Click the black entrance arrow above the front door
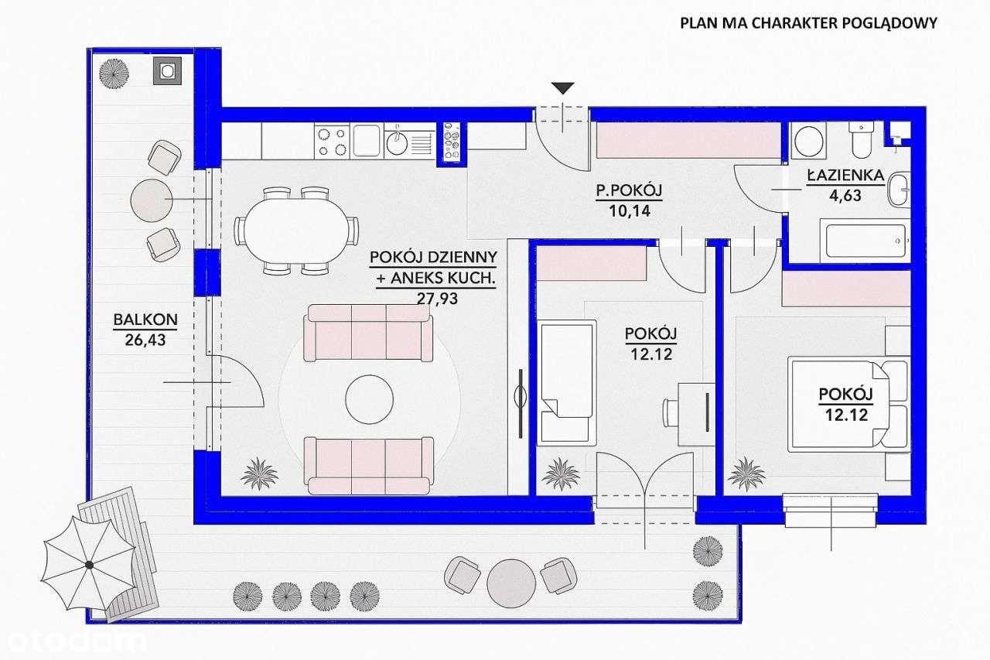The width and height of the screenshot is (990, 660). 564,87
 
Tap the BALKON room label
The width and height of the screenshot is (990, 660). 145,318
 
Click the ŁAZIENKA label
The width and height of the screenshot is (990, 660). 845,176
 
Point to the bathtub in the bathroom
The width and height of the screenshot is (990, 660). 865,241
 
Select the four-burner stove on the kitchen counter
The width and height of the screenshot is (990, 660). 332,141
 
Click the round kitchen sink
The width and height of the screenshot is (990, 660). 398,141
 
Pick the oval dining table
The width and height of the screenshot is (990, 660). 297,230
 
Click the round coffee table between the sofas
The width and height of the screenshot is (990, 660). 368,400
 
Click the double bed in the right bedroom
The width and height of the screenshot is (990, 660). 847,402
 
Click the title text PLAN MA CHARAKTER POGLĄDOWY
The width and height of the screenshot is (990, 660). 808,22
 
